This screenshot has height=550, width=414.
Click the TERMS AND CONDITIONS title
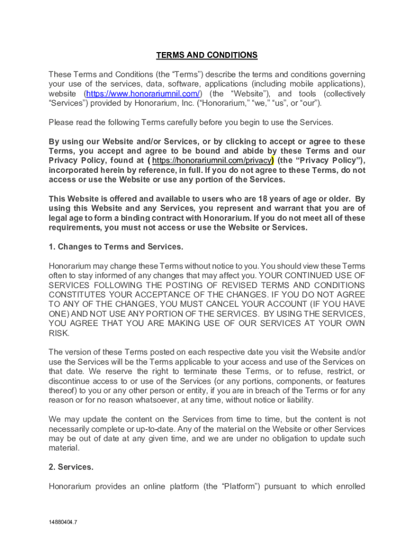point(206,55)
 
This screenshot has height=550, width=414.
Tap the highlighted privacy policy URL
point(211,161)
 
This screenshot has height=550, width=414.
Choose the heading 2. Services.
point(70,467)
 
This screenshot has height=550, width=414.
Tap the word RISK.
point(59,333)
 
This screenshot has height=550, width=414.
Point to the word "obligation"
point(267,439)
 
